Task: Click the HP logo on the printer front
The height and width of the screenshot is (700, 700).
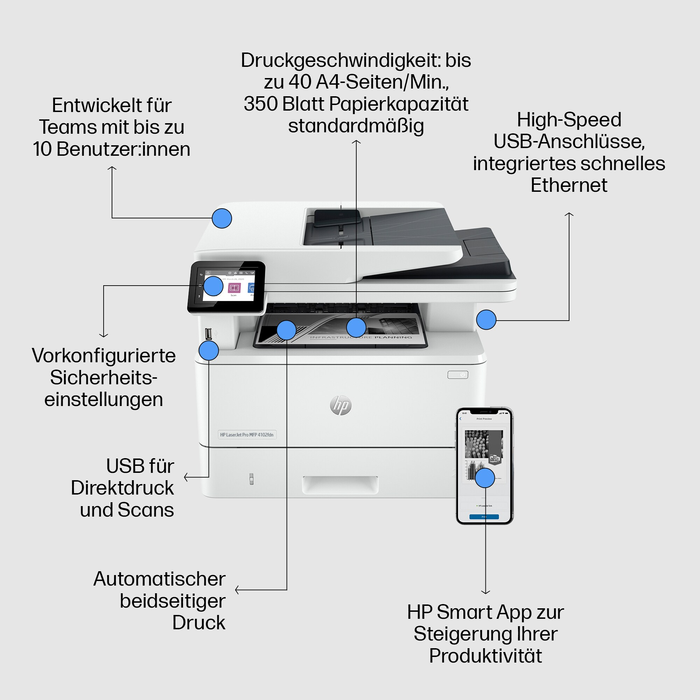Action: (341, 405)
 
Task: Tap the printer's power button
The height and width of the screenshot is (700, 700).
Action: (457, 374)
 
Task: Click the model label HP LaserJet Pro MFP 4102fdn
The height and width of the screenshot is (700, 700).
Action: (247, 434)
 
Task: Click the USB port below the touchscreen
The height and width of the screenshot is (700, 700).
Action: (208, 334)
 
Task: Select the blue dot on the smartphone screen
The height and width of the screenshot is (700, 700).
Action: (485, 477)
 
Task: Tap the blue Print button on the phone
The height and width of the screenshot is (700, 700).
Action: (484, 517)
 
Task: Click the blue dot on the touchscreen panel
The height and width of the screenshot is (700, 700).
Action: (213, 286)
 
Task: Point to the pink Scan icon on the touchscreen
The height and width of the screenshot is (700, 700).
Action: (234, 288)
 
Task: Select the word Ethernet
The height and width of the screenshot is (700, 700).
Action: (569, 185)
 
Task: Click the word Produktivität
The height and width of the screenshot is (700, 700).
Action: (485, 656)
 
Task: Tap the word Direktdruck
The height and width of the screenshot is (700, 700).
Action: (122, 488)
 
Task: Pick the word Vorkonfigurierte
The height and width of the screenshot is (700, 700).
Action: (104, 356)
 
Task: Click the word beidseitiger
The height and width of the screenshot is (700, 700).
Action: (173, 601)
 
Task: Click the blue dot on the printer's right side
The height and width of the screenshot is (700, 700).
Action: (486, 320)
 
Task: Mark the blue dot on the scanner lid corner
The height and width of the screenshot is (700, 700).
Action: (222, 218)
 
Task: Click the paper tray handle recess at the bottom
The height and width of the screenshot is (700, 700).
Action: (340, 485)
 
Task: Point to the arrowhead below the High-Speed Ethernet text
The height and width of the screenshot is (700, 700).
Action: (569, 214)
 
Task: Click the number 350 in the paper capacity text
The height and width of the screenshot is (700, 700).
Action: (260, 104)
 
